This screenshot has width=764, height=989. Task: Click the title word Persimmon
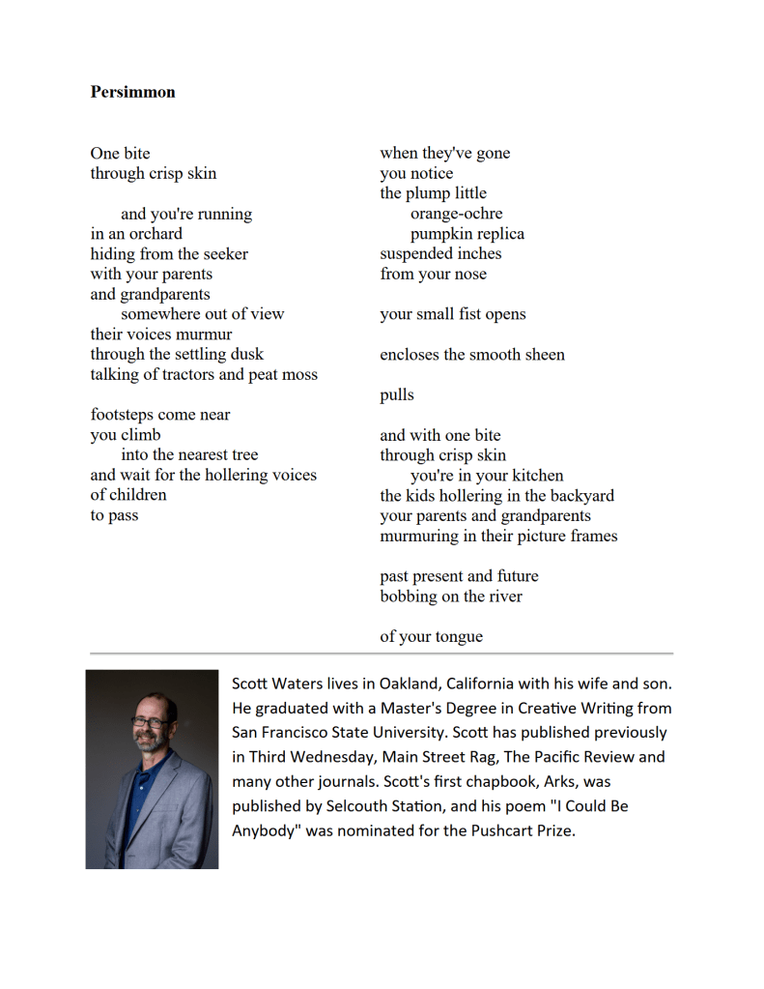133,92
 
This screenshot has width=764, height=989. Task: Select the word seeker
225,254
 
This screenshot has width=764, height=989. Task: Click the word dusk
246,355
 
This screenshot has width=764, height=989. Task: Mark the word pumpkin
441,234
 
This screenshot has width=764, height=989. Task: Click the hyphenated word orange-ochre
456,214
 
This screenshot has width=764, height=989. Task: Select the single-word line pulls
397,395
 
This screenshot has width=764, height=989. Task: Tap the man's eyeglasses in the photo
150,722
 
